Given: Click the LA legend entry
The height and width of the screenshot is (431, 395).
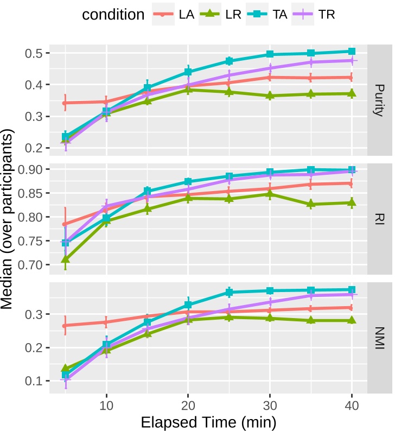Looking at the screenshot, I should (x=177, y=15).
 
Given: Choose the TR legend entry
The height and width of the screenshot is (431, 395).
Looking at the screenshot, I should (x=317, y=15).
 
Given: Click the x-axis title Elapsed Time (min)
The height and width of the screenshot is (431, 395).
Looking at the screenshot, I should (x=208, y=421).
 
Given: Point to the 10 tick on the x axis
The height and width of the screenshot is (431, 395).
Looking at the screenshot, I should (x=106, y=404).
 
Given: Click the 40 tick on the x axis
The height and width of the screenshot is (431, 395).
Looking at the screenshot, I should (x=351, y=404).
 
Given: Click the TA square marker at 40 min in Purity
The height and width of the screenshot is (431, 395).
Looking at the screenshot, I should (x=351, y=52).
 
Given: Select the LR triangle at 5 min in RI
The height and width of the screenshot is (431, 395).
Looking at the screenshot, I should (x=66, y=259).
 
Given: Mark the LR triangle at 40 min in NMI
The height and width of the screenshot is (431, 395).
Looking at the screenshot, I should (x=351, y=320).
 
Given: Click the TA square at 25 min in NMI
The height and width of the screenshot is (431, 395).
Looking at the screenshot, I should (x=229, y=293).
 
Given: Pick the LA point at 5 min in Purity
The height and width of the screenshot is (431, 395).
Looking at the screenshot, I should (x=66, y=103).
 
